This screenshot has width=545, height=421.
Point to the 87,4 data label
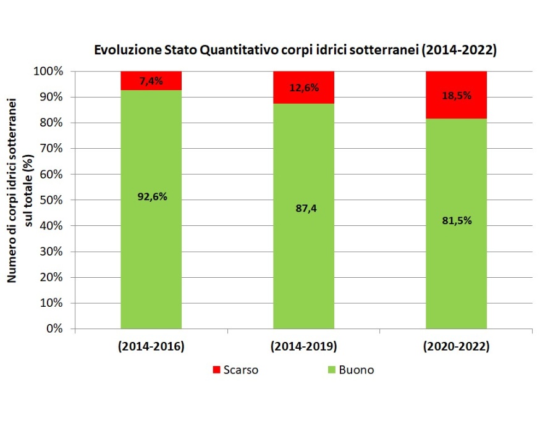tap(303, 209)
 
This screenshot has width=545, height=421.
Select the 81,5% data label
tap(456, 220)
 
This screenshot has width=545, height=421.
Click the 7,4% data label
tap(151, 81)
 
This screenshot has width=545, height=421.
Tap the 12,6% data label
tap(303, 88)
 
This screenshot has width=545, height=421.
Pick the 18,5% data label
tap(456, 95)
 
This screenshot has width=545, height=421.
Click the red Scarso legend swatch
tap(216, 370)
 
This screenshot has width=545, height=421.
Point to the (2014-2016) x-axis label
tap(151, 347)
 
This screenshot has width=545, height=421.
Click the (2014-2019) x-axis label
tap(303, 347)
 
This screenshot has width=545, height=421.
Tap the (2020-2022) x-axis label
tap(456, 347)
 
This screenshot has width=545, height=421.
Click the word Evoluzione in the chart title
tap(123, 51)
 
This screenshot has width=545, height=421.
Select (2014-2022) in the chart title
tap(458, 51)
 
